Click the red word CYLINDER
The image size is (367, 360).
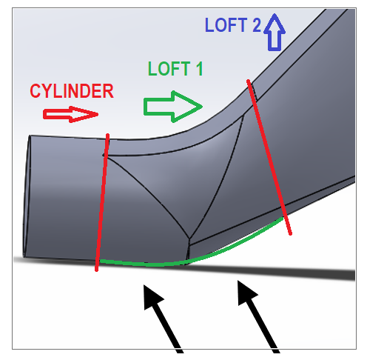(71, 91)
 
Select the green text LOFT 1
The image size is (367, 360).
(175, 69)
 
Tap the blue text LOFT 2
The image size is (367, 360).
(232, 25)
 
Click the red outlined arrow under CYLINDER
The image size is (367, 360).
(71, 113)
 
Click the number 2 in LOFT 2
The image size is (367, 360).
(255, 25)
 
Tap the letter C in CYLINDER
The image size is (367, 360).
(35, 91)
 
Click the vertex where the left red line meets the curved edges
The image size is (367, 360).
(105, 155)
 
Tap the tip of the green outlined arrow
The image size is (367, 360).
(201, 106)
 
